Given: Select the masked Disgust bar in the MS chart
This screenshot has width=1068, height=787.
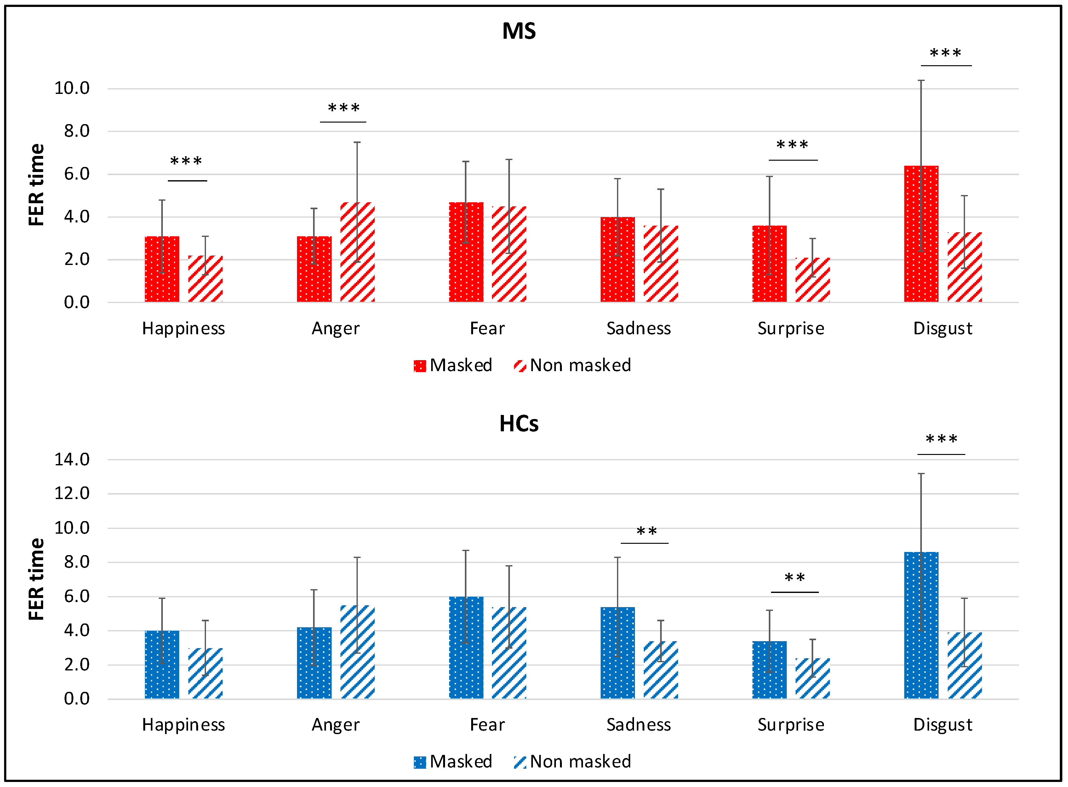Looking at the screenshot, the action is (921, 234).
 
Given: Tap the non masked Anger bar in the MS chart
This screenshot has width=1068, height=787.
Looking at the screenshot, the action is (357, 252).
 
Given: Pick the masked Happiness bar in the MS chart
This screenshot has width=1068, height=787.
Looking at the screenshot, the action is (162, 269).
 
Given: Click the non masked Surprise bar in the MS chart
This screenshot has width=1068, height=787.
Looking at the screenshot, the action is (812, 280).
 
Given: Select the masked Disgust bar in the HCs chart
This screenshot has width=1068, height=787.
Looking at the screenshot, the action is (921, 625).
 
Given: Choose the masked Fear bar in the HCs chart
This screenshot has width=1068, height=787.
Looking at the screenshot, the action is (466, 647).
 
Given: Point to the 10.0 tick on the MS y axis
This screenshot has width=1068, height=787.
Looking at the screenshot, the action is (72, 88).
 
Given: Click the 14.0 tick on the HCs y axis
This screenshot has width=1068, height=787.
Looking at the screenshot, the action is (72, 460).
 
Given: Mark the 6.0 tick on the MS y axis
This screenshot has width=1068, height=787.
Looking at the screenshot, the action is (77, 174).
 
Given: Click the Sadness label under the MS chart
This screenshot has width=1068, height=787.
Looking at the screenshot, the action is (638, 328).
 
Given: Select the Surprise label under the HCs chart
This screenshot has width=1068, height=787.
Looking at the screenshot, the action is (791, 725).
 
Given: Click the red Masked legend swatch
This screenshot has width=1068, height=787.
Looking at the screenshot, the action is (420, 366).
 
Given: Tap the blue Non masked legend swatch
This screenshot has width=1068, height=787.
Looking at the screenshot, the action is (519, 762).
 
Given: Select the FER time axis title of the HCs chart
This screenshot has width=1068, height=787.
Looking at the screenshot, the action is (36, 579).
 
